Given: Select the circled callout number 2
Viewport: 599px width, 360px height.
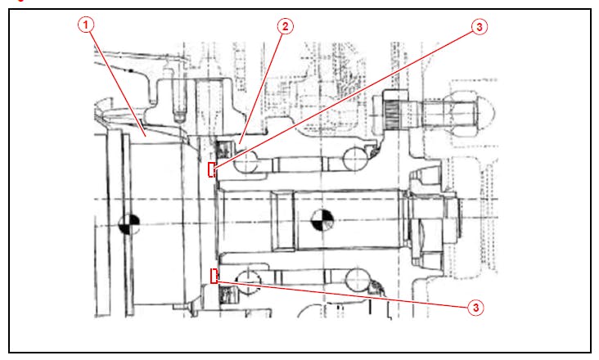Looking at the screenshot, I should coord(284,26).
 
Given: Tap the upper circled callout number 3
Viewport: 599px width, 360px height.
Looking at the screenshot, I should coord(480,27).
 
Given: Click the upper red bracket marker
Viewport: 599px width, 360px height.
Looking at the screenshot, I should coord(213,170).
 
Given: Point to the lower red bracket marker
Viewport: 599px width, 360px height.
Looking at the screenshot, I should coord(214,276).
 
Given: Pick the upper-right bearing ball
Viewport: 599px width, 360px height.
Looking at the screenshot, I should coord(357,158).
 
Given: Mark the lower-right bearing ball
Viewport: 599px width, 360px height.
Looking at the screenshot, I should coord(358,281).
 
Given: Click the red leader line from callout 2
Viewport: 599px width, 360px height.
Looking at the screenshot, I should coord(263,82).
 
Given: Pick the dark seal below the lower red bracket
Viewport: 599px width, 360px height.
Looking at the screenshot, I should coord(226,293).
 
